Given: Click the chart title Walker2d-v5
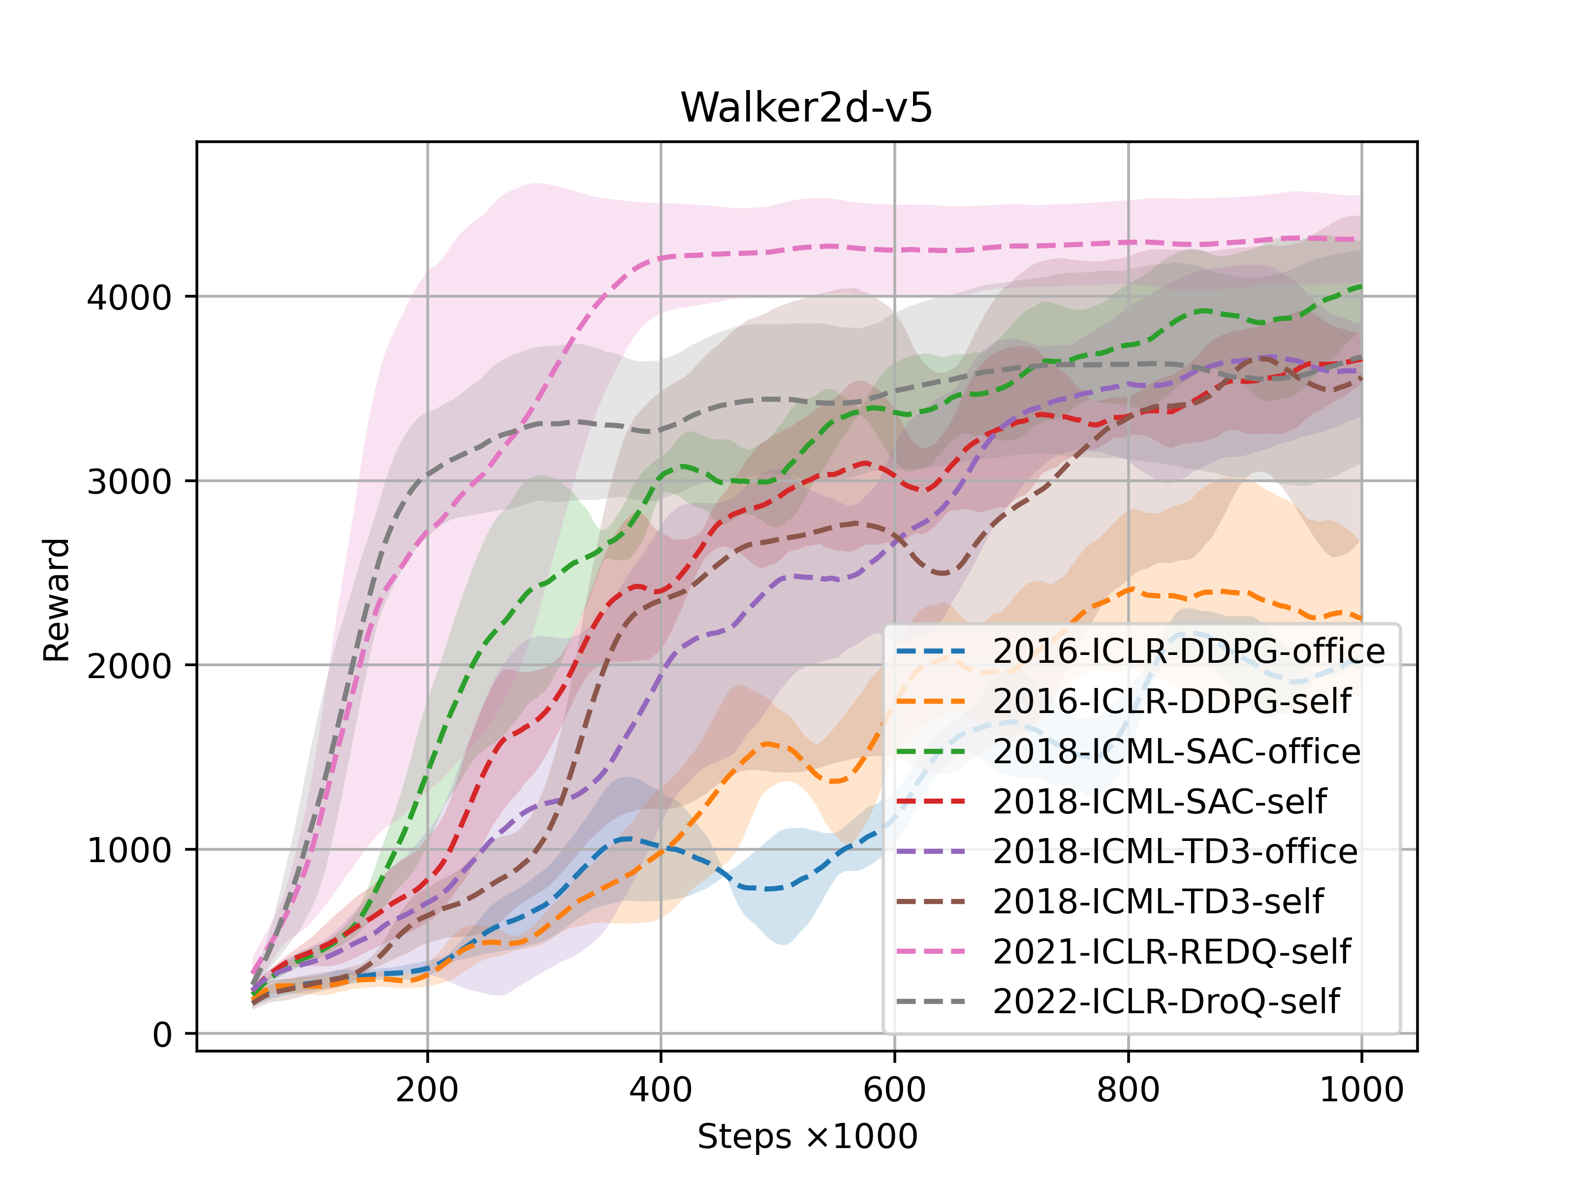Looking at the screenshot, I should [x=806, y=107].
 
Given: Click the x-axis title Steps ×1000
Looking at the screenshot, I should [x=807, y=1136].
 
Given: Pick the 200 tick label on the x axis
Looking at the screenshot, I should [x=427, y=1089].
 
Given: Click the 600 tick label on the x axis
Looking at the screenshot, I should [x=894, y=1089].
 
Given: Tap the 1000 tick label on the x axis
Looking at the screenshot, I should [x=1361, y=1089].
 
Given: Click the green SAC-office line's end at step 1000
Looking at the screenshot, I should [x=1360, y=286].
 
